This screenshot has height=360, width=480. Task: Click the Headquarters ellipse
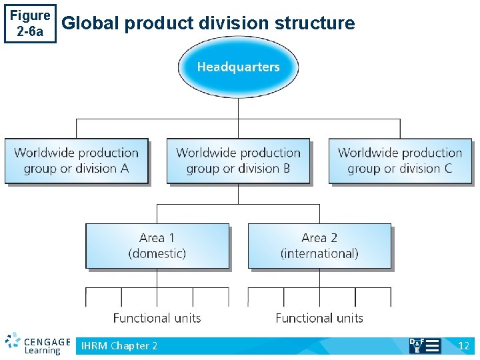coord(238,67)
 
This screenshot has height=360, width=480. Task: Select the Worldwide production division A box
coord(76,161)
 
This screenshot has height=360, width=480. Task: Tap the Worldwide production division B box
coord(238,161)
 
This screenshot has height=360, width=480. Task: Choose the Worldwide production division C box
coord(400,161)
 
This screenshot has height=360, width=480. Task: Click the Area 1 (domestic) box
coord(157,246)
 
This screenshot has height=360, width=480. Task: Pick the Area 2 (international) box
coord(319,246)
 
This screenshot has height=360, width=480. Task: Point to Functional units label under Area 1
coord(157,318)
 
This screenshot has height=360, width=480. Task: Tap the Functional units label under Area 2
coord(319,318)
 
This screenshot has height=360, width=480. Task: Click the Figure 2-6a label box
coord(30,23)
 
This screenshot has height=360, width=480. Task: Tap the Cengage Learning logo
coord(37,343)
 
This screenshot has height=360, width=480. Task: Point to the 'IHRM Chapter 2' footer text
coord(119,345)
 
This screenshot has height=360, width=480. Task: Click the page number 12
coord(464,345)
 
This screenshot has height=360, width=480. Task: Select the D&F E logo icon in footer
coord(424,345)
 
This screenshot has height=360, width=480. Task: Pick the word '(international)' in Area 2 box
coord(319,254)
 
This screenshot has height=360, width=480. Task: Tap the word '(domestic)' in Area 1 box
coord(157,254)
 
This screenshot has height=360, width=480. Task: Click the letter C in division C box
coord(447,169)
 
